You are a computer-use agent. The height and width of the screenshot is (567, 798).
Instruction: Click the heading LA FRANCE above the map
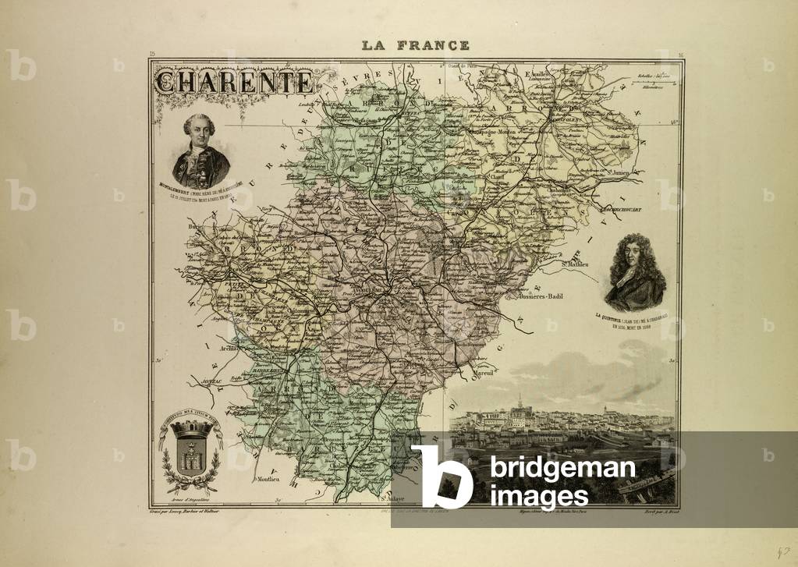pos(415,45)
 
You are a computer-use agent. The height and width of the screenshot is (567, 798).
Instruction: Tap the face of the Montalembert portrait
pos(199,130)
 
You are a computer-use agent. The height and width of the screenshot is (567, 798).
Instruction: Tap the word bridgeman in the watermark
pos(562,470)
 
